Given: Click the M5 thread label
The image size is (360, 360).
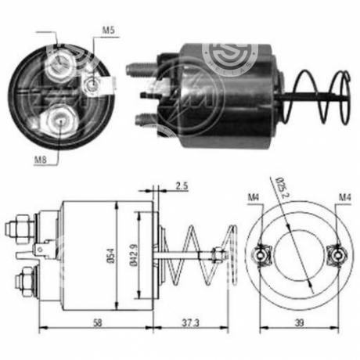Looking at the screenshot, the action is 108,30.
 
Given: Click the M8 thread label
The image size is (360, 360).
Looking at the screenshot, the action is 41,160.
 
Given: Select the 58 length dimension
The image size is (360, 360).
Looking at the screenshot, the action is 97,322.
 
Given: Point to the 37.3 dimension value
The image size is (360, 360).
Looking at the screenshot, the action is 190,323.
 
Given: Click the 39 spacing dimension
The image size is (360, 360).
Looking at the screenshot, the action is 300,322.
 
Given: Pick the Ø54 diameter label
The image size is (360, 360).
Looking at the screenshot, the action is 111,256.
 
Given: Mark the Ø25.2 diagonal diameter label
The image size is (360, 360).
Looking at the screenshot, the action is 281,187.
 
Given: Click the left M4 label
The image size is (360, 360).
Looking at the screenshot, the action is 253,197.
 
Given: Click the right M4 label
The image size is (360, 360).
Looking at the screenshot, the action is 345,197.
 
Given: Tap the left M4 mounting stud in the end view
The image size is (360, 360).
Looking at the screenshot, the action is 261,255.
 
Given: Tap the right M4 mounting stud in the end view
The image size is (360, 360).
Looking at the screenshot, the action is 338,255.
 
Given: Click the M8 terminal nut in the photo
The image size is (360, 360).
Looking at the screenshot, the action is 59,121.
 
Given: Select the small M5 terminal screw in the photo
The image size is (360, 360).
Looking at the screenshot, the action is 92,85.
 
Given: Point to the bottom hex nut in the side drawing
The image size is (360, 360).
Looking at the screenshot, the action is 24,282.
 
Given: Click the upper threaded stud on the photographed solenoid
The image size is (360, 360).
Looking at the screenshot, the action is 139,70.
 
